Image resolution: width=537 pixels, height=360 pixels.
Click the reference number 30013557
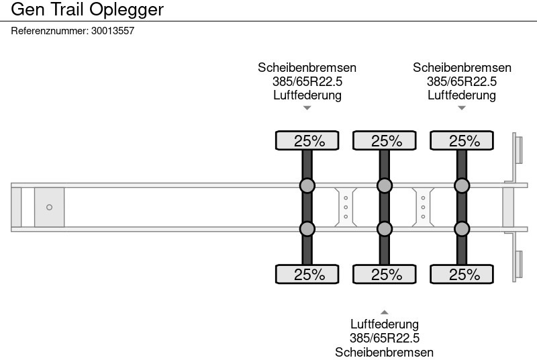[113, 31]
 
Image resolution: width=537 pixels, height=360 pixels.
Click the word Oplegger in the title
[127, 10]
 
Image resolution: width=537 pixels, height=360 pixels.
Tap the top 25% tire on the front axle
[307, 140]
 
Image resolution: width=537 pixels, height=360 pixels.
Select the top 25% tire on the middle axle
[385, 140]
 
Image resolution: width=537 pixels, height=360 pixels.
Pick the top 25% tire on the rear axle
[462, 140]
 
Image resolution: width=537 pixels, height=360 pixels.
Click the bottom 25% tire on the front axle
[307, 274]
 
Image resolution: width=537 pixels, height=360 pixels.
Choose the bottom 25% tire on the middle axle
[385, 274]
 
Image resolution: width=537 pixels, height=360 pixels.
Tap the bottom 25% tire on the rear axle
[462, 274]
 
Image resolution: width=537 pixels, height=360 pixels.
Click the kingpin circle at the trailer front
[49, 208]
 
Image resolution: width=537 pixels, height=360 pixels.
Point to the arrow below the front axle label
[307, 108]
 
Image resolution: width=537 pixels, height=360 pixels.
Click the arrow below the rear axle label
[462, 108]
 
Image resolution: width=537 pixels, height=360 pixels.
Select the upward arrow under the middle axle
[385, 312]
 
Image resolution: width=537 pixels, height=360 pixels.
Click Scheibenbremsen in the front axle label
[307, 67]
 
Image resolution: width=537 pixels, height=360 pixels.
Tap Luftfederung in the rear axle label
[462, 95]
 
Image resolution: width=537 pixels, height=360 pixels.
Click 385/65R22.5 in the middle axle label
[385, 338]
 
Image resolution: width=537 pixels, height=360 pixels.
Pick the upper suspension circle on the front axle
[307, 185]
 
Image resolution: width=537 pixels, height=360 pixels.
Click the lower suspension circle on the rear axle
[462, 229]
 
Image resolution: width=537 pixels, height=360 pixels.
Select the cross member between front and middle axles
[346, 208]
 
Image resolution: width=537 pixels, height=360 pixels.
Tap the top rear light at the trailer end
[518, 149]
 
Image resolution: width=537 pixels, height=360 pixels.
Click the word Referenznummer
[50, 31]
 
